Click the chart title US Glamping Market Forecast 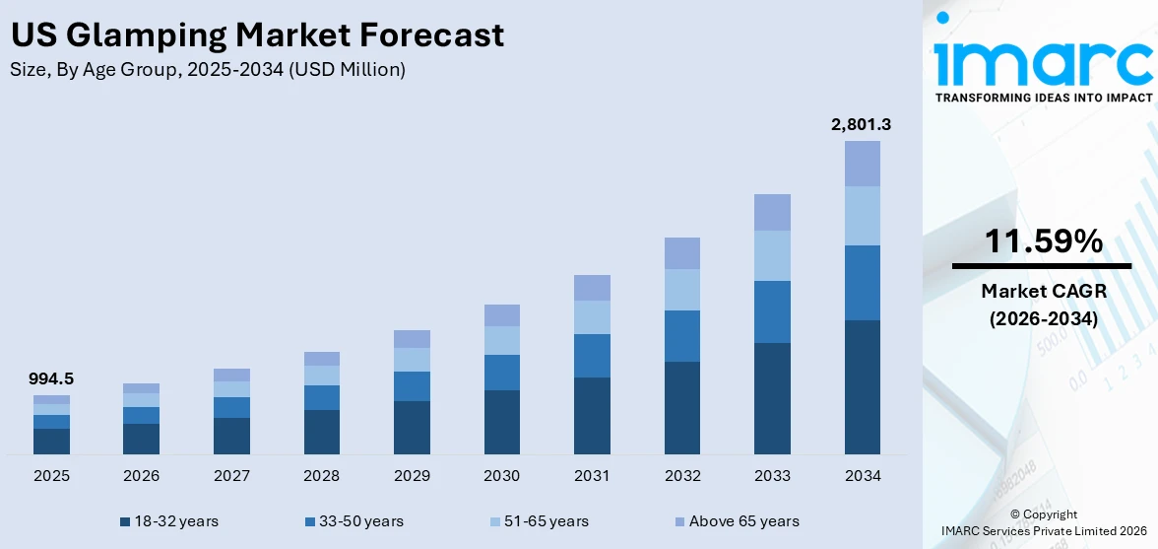pos(257,34)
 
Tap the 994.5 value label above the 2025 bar pos(51,378)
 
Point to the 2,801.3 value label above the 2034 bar pos(862,124)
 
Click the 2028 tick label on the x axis pos(321,476)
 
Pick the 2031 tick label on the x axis pos(592,476)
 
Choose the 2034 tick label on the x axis pos(862,476)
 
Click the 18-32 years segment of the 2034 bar pos(862,386)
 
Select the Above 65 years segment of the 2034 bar pos(862,164)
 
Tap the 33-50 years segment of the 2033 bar pos(772,311)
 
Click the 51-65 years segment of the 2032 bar pos(681,290)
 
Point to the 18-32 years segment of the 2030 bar pos(501,422)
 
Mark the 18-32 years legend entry pos(168,521)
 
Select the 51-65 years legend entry pos(539,521)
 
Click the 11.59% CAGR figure pos(1042,241)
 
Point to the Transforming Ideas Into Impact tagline pos(1043,98)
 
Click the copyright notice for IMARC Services pos(1043,523)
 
